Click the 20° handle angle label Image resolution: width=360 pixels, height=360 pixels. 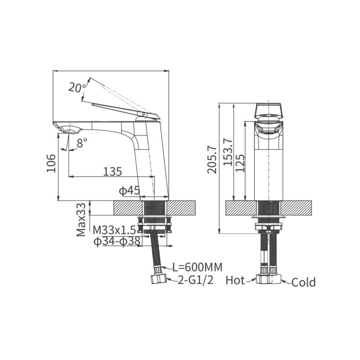pos(77,88)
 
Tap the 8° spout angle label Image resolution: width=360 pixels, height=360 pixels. pos(82,143)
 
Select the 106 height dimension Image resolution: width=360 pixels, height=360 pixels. pos(51,163)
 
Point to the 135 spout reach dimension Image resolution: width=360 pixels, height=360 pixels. pos(112,171)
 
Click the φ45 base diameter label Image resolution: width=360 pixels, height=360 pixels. pos(129,190)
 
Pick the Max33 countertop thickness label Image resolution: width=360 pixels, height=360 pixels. pos(81,220)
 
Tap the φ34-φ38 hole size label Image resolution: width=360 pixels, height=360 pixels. pos(117,241)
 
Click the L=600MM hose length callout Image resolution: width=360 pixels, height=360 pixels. pos(198,267)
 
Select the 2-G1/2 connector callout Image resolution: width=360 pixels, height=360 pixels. pos(196,280)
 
